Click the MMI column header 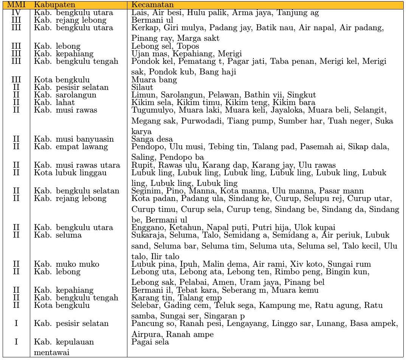(16, 5)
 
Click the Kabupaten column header (54, 5)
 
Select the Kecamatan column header (153, 5)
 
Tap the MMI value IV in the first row (16, 13)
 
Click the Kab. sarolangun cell (65, 95)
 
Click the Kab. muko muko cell (67, 264)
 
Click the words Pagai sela (150, 342)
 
